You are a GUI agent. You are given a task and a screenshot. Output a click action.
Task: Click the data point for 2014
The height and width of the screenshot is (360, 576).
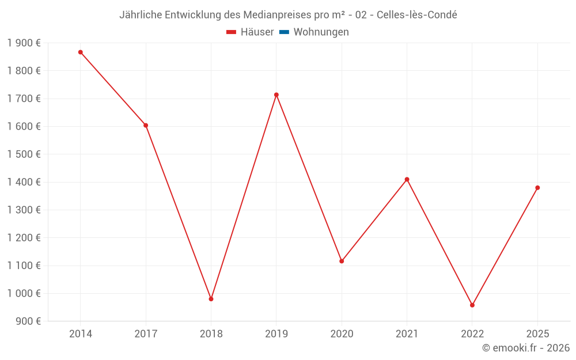(81, 52)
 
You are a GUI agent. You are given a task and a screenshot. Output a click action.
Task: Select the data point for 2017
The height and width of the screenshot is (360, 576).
(146, 126)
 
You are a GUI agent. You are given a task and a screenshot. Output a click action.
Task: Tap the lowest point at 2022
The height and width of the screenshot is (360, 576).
(472, 305)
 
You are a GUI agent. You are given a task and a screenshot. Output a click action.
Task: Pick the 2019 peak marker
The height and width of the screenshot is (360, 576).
(276, 95)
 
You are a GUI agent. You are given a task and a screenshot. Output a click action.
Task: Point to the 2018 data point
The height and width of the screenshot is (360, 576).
(211, 299)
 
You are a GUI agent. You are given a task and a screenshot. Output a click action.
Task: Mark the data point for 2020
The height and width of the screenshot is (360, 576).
(342, 261)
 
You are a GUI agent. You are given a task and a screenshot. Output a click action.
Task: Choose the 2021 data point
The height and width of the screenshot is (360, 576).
(407, 180)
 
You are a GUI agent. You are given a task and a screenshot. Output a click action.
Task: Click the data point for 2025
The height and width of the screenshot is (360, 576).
(537, 188)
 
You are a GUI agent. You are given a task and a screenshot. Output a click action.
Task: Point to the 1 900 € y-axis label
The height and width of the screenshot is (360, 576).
(24, 43)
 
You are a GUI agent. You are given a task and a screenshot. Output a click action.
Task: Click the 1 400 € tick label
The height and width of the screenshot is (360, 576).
(24, 182)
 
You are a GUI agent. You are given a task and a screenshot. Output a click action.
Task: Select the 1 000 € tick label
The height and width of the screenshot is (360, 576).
(24, 293)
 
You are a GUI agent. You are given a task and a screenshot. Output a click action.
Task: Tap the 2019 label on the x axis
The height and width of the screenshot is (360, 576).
(276, 334)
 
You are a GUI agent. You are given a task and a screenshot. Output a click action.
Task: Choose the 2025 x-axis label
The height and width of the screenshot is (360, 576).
(537, 334)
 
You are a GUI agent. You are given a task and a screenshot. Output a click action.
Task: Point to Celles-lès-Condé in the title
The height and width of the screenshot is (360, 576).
(417, 15)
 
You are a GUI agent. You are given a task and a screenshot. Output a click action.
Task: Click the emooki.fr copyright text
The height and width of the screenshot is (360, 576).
(526, 348)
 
